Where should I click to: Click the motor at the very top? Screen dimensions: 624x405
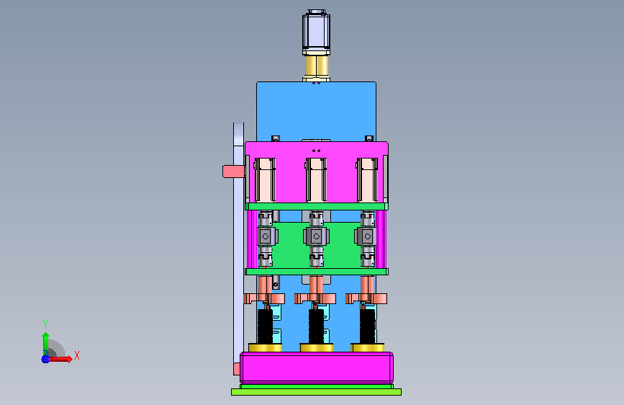316,32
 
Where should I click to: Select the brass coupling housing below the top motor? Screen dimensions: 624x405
317,68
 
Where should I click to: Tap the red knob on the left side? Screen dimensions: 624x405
233,172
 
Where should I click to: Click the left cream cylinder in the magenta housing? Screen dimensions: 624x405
265,180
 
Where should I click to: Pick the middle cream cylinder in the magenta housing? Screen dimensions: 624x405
316,180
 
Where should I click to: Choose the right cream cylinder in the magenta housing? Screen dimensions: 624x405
367,180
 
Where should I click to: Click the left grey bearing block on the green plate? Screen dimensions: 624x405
266,236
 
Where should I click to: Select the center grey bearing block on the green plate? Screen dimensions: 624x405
317,236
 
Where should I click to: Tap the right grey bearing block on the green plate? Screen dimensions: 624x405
366,236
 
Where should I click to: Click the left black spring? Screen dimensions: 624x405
265,326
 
